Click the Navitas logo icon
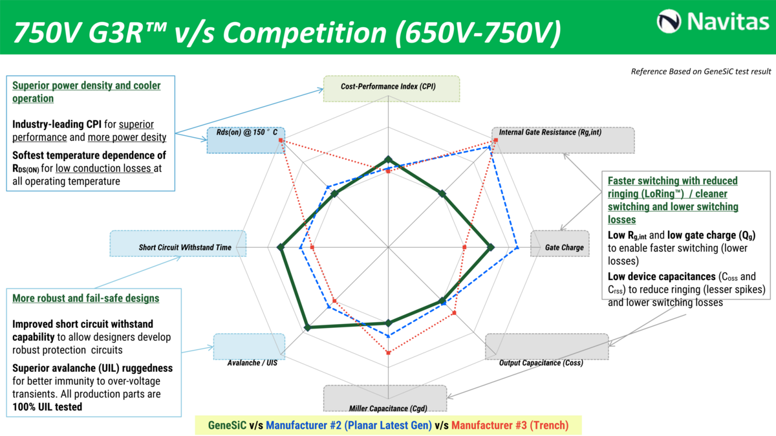[669, 21]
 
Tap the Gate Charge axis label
[564, 247]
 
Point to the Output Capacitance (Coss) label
[541, 363]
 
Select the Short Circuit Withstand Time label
[184, 247]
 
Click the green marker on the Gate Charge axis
[491, 247]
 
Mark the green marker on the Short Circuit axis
[281, 247]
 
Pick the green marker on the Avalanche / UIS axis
[307, 328]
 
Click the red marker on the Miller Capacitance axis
[389, 353]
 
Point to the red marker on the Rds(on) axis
[280, 140]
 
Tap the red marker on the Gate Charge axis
[465, 247]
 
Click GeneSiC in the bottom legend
[227, 425]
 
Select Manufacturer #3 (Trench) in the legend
[510, 425]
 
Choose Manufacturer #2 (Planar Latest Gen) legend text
[348, 425]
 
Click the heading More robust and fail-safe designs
[86, 298]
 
